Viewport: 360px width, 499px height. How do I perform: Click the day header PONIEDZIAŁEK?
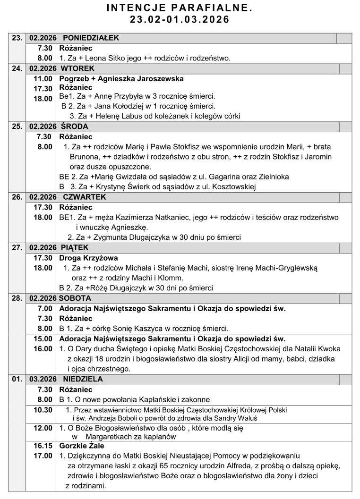(91, 38)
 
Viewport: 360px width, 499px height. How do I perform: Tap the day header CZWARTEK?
(85, 197)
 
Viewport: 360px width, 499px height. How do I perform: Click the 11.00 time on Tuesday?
(43, 78)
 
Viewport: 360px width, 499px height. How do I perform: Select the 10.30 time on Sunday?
(43, 409)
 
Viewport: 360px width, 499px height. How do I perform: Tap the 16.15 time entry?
(43, 446)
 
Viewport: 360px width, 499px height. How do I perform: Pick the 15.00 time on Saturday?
(43, 339)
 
